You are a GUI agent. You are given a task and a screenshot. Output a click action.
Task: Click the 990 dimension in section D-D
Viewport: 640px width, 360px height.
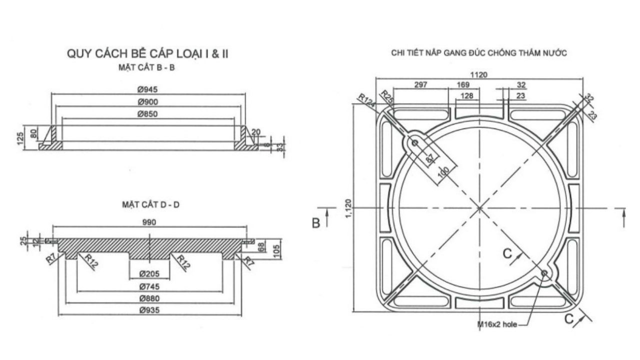(x=149, y=222)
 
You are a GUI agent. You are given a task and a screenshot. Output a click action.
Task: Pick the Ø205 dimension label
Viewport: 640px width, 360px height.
(x=149, y=273)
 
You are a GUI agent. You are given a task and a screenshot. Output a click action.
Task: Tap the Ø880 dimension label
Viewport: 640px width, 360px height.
(x=149, y=298)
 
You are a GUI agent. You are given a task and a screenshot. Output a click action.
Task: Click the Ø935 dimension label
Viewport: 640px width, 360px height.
(x=149, y=311)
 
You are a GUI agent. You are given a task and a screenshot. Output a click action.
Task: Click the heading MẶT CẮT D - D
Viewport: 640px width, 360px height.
(x=150, y=204)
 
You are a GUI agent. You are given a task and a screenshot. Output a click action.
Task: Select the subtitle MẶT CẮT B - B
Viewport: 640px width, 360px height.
(x=147, y=68)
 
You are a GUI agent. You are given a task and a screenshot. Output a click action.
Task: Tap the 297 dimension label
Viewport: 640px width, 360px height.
(x=421, y=85)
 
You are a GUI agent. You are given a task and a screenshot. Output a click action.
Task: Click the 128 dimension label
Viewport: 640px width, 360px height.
(x=467, y=96)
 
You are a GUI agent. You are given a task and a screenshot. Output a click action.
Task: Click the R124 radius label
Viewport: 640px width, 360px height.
(x=366, y=98)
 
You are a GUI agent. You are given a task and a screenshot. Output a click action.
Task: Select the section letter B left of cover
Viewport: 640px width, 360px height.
(x=316, y=223)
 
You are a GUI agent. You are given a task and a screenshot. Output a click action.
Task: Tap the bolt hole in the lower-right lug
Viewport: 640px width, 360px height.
(x=544, y=272)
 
